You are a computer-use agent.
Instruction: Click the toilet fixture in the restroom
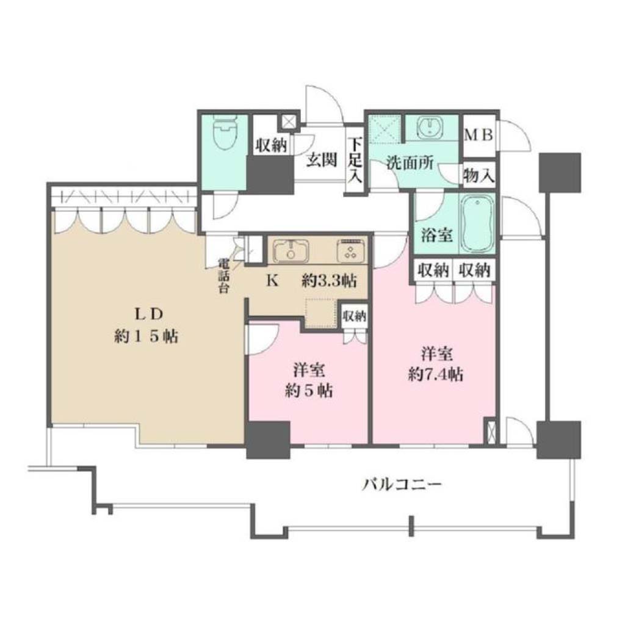[225, 132]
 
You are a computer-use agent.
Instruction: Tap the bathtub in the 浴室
[477, 223]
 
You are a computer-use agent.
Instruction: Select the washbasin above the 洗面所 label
[430, 127]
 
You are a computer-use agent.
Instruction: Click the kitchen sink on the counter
[291, 251]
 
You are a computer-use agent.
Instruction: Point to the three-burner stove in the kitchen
[352, 251]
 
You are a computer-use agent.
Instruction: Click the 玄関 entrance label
[322, 160]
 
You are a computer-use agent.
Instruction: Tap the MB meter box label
[479, 135]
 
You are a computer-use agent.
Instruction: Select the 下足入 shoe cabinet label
[355, 160]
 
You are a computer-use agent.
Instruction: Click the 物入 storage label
[479, 175]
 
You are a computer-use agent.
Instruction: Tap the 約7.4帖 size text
[436, 374]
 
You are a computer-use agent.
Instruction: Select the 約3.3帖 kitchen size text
[329, 281]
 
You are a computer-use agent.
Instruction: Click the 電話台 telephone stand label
[223, 276]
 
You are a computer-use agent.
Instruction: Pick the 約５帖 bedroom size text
[309, 391]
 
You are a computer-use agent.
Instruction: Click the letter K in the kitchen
[273, 281]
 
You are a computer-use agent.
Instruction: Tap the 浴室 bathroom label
[437, 235]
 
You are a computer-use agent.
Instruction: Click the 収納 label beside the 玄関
[272, 145]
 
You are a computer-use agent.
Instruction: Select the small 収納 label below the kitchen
[355, 317]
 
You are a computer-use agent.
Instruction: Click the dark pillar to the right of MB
[560, 172]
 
